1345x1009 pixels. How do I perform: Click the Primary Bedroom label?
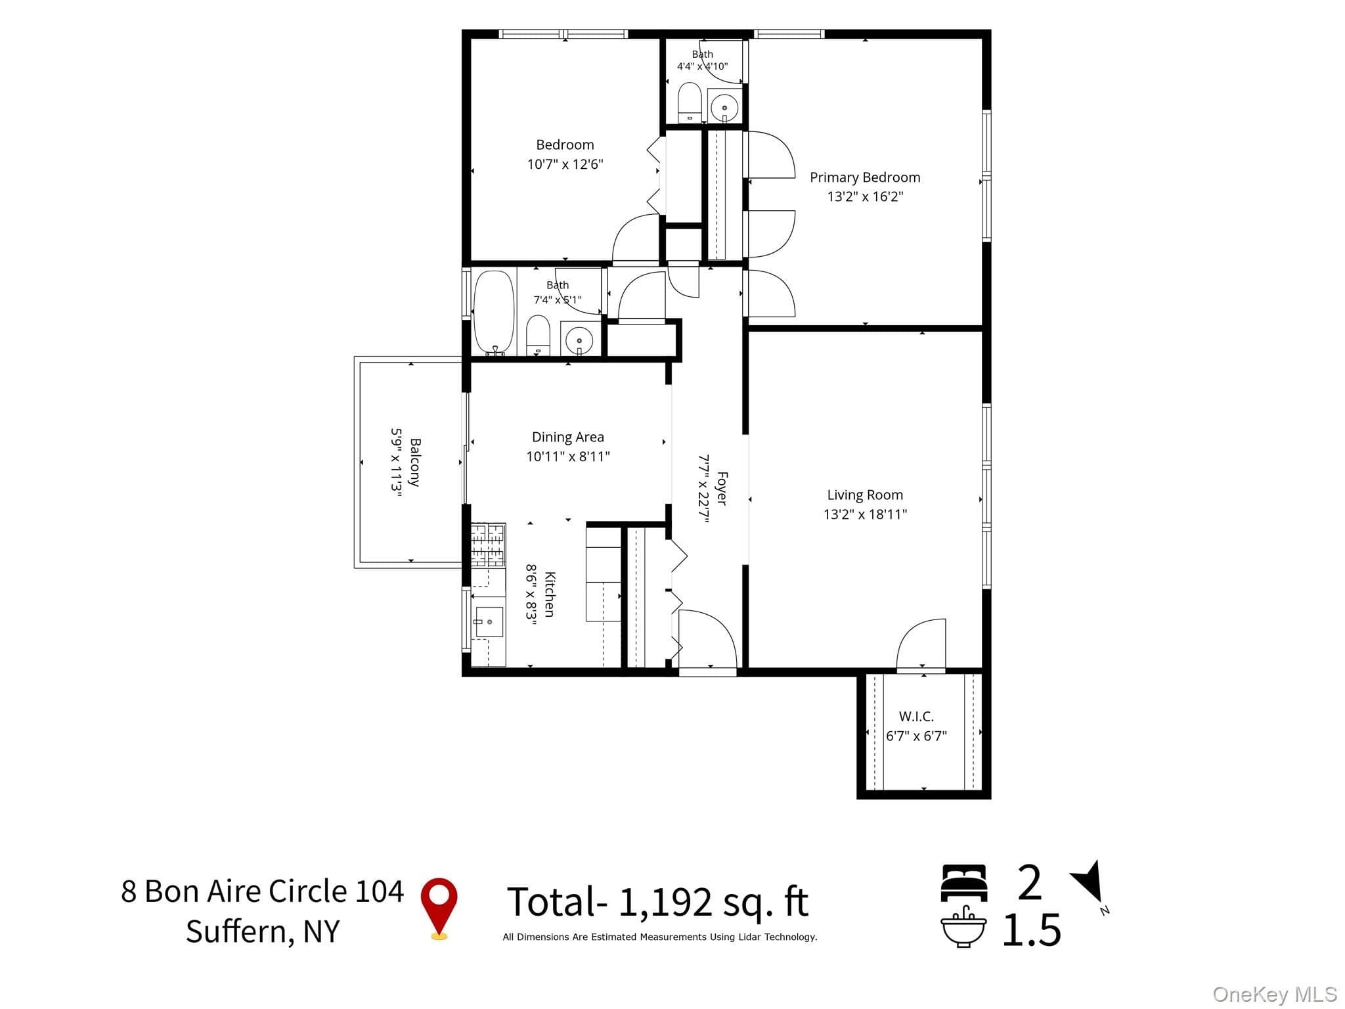(865, 177)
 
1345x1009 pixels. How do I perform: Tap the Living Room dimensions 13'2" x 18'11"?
(865, 514)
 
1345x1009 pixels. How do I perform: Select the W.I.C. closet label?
(916, 717)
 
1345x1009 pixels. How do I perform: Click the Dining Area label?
(568, 437)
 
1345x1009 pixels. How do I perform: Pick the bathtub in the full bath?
(494, 313)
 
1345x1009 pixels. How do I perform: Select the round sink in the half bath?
(725, 106)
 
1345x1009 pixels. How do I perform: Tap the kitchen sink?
(489, 622)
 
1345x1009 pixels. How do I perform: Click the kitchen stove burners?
(488, 545)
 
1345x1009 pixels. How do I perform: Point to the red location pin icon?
(439, 908)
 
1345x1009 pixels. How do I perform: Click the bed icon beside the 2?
(963, 883)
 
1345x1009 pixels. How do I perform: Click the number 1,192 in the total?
(665, 903)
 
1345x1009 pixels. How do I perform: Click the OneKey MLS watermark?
(1275, 995)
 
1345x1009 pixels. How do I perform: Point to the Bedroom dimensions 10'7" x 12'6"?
(565, 164)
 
